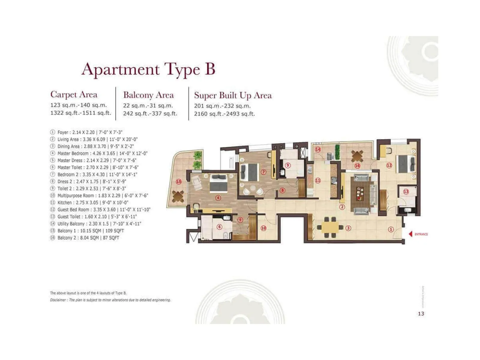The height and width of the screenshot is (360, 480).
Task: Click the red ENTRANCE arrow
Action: click(x=410, y=234)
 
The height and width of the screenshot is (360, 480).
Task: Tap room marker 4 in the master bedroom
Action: click(x=218, y=198)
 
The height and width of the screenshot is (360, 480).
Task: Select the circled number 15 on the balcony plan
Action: click(x=179, y=181)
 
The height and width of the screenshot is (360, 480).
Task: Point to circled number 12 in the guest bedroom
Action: click(x=389, y=165)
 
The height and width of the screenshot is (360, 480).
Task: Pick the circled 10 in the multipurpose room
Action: click(x=263, y=228)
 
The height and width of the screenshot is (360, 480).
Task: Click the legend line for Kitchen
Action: click(x=93, y=202)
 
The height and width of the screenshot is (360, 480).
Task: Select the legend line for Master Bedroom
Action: click(x=102, y=153)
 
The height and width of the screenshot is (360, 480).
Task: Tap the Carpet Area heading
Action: click(x=74, y=94)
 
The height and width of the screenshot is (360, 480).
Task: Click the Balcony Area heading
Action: click(x=148, y=95)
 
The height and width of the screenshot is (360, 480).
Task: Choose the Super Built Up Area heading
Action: click(x=233, y=95)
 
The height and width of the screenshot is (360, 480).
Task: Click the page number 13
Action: click(x=421, y=313)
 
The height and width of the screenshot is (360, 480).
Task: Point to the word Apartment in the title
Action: click(x=120, y=69)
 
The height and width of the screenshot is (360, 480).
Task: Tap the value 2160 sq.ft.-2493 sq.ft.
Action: click(x=224, y=114)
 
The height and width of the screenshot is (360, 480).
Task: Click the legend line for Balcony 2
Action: click(x=88, y=238)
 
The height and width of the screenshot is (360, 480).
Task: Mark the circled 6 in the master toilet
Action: click(x=219, y=227)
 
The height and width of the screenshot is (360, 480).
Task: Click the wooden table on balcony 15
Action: click(x=178, y=196)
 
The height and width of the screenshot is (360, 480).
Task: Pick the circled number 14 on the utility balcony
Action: click(x=318, y=149)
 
